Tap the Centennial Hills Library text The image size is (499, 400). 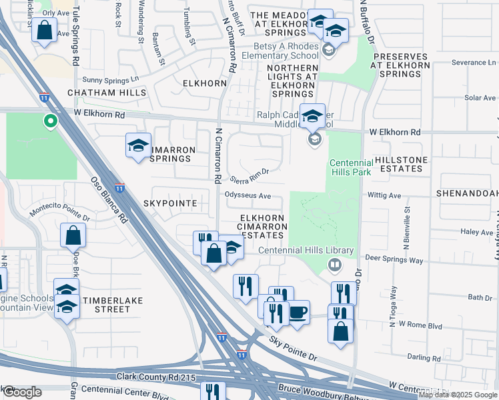pyautogui.click(x=290, y=250)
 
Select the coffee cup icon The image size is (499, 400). pyautogui.click(x=298, y=311)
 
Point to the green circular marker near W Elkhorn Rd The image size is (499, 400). pyautogui.click(x=49, y=121)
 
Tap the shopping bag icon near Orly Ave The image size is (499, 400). pyautogui.click(x=44, y=31)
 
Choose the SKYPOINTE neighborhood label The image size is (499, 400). pyautogui.click(x=169, y=202)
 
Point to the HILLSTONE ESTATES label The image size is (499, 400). pyautogui.click(x=399, y=165)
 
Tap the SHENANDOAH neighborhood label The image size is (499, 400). pyautogui.click(x=466, y=192)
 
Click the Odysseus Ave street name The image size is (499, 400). pyautogui.click(x=247, y=196)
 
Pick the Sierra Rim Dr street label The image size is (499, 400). pyautogui.click(x=248, y=176)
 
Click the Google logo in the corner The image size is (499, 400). pyautogui.click(x=22, y=391)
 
